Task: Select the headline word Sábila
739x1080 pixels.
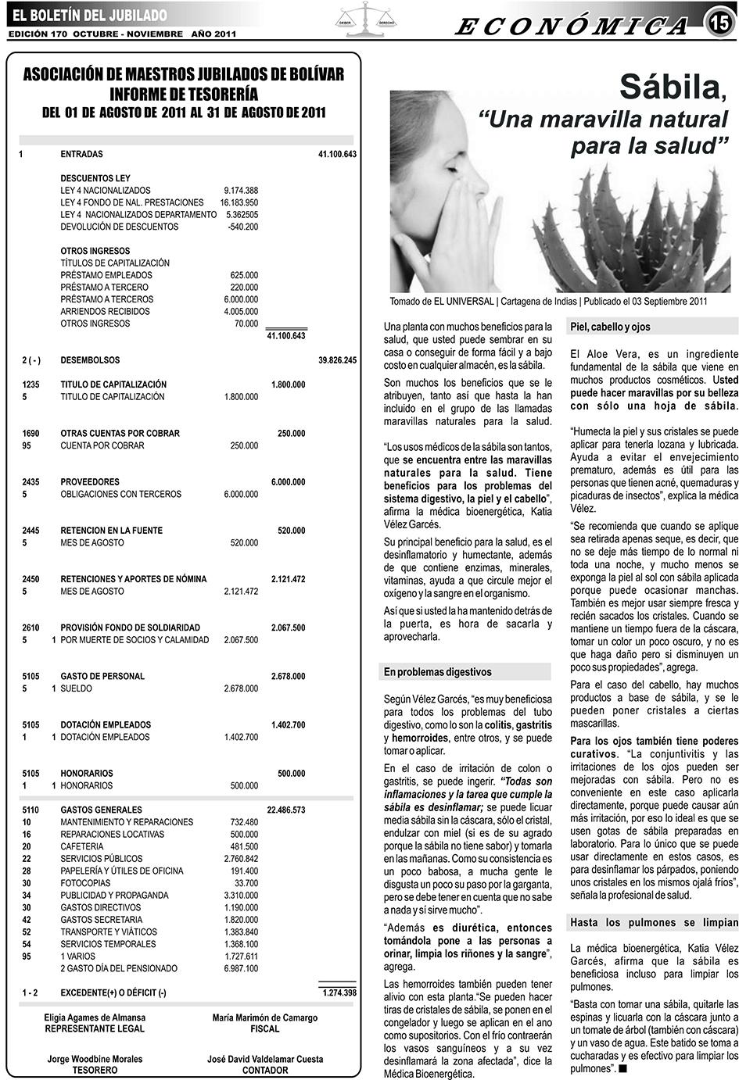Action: tap(671, 87)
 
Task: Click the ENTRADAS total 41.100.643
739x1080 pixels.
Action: tap(337, 155)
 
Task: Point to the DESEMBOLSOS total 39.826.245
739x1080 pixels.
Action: tap(337, 360)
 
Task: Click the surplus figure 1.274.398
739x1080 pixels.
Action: tap(339, 993)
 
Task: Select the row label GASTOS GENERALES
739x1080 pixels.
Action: tap(101, 810)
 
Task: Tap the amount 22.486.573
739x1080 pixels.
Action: tap(286, 810)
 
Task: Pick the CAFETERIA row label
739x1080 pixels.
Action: tap(81, 846)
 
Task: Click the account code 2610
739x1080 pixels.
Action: tap(30, 628)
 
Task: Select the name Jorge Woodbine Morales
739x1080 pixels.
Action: tap(95, 1060)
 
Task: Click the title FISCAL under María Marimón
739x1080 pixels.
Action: tap(264, 1029)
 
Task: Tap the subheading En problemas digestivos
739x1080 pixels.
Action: tap(437, 672)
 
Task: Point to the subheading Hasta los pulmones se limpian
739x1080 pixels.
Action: tap(653, 923)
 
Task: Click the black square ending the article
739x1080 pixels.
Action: tap(622, 1068)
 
